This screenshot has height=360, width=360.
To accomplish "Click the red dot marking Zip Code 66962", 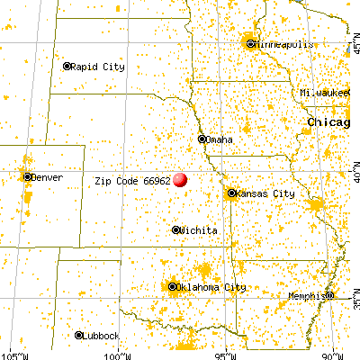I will pyautogui.click(x=181, y=179).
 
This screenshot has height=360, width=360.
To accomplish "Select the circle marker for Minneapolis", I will pyautogui.click(x=250, y=43).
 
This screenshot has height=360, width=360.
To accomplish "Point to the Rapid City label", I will pyautogui.click(x=100, y=66).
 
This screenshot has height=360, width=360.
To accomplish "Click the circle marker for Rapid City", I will pyautogui.click(x=67, y=66).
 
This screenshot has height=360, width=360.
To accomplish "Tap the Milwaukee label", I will pyautogui.click(x=329, y=93).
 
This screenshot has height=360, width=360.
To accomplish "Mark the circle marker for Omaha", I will pyautogui.click(x=202, y=139).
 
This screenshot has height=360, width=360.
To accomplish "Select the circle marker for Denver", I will pyautogui.click(x=29, y=177).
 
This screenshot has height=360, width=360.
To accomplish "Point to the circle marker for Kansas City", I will pyautogui.click(x=232, y=193).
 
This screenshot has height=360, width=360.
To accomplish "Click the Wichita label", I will pyautogui.click(x=200, y=230).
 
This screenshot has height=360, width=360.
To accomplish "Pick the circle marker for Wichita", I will pyautogui.click(x=175, y=229).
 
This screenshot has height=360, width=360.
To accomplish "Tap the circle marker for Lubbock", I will pyautogui.click(x=79, y=335).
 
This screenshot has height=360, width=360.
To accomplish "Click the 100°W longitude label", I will pyautogui.click(x=115, y=354).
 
